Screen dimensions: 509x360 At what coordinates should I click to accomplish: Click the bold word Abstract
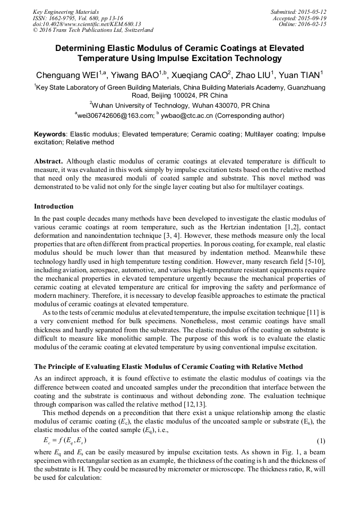(x=49, y=160)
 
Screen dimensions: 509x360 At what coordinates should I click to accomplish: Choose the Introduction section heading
(x=54, y=206)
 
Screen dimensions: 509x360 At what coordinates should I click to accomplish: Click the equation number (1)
(x=321, y=441)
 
